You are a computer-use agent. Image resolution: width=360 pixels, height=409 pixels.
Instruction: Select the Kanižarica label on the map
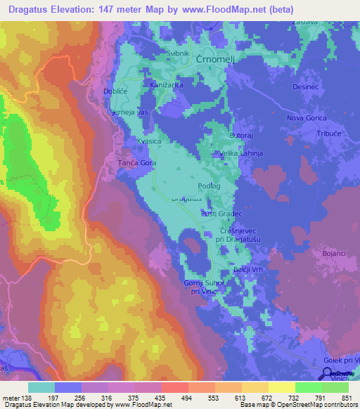167,85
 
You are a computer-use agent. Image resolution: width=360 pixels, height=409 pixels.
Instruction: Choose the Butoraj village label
241,134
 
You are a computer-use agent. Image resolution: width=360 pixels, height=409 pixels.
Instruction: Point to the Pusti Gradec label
221,214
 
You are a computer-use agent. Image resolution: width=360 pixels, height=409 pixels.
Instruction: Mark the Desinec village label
306,87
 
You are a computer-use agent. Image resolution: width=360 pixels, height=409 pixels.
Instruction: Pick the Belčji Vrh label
248,270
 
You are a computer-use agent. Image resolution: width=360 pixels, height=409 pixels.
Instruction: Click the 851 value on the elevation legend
342,398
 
